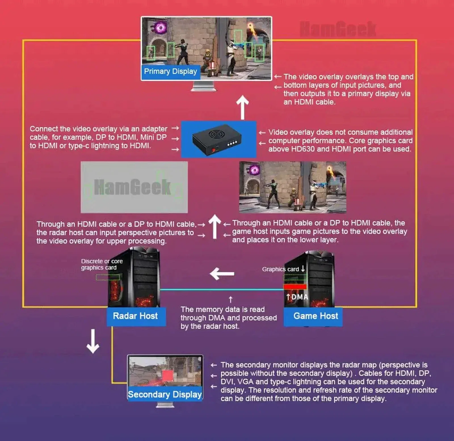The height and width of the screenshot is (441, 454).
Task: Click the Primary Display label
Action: coord(170,71)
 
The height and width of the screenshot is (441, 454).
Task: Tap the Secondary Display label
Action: coord(165,394)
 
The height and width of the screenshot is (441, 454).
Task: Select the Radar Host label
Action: coord(135,316)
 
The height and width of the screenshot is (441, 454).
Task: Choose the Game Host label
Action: coord(316,316)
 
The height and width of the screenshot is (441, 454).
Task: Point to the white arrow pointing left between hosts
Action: coord(222,274)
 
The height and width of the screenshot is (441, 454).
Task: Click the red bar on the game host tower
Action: coord(295,287)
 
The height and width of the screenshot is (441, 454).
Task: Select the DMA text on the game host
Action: coord(300,297)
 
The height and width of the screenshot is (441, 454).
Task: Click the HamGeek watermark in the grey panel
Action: coord(133,187)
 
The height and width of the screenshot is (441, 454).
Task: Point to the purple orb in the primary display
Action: coord(161,28)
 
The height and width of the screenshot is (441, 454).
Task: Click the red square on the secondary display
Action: coord(167,375)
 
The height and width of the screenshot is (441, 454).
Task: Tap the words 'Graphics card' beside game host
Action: coord(280,269)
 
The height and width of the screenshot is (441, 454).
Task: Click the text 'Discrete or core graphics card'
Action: coord(102,264)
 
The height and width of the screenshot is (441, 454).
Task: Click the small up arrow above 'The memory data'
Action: coord(230,299)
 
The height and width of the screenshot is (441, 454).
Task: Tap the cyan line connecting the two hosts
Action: coord(221,290)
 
